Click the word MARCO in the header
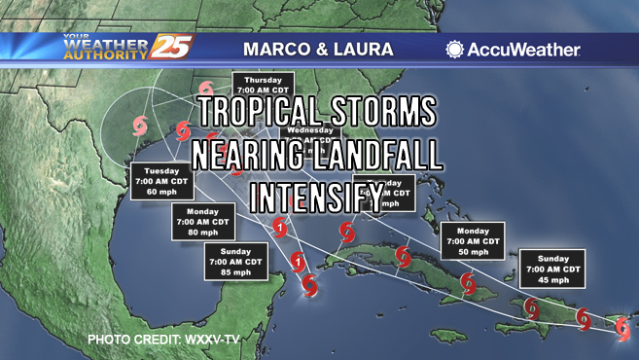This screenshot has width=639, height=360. [x=271, y=48]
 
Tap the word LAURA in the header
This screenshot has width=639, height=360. [x=361, y=48]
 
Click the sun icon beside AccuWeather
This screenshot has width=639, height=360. [x=454, y=49]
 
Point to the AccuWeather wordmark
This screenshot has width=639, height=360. [x=523, y=49]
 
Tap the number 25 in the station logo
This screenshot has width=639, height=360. [x=172, y=47]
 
